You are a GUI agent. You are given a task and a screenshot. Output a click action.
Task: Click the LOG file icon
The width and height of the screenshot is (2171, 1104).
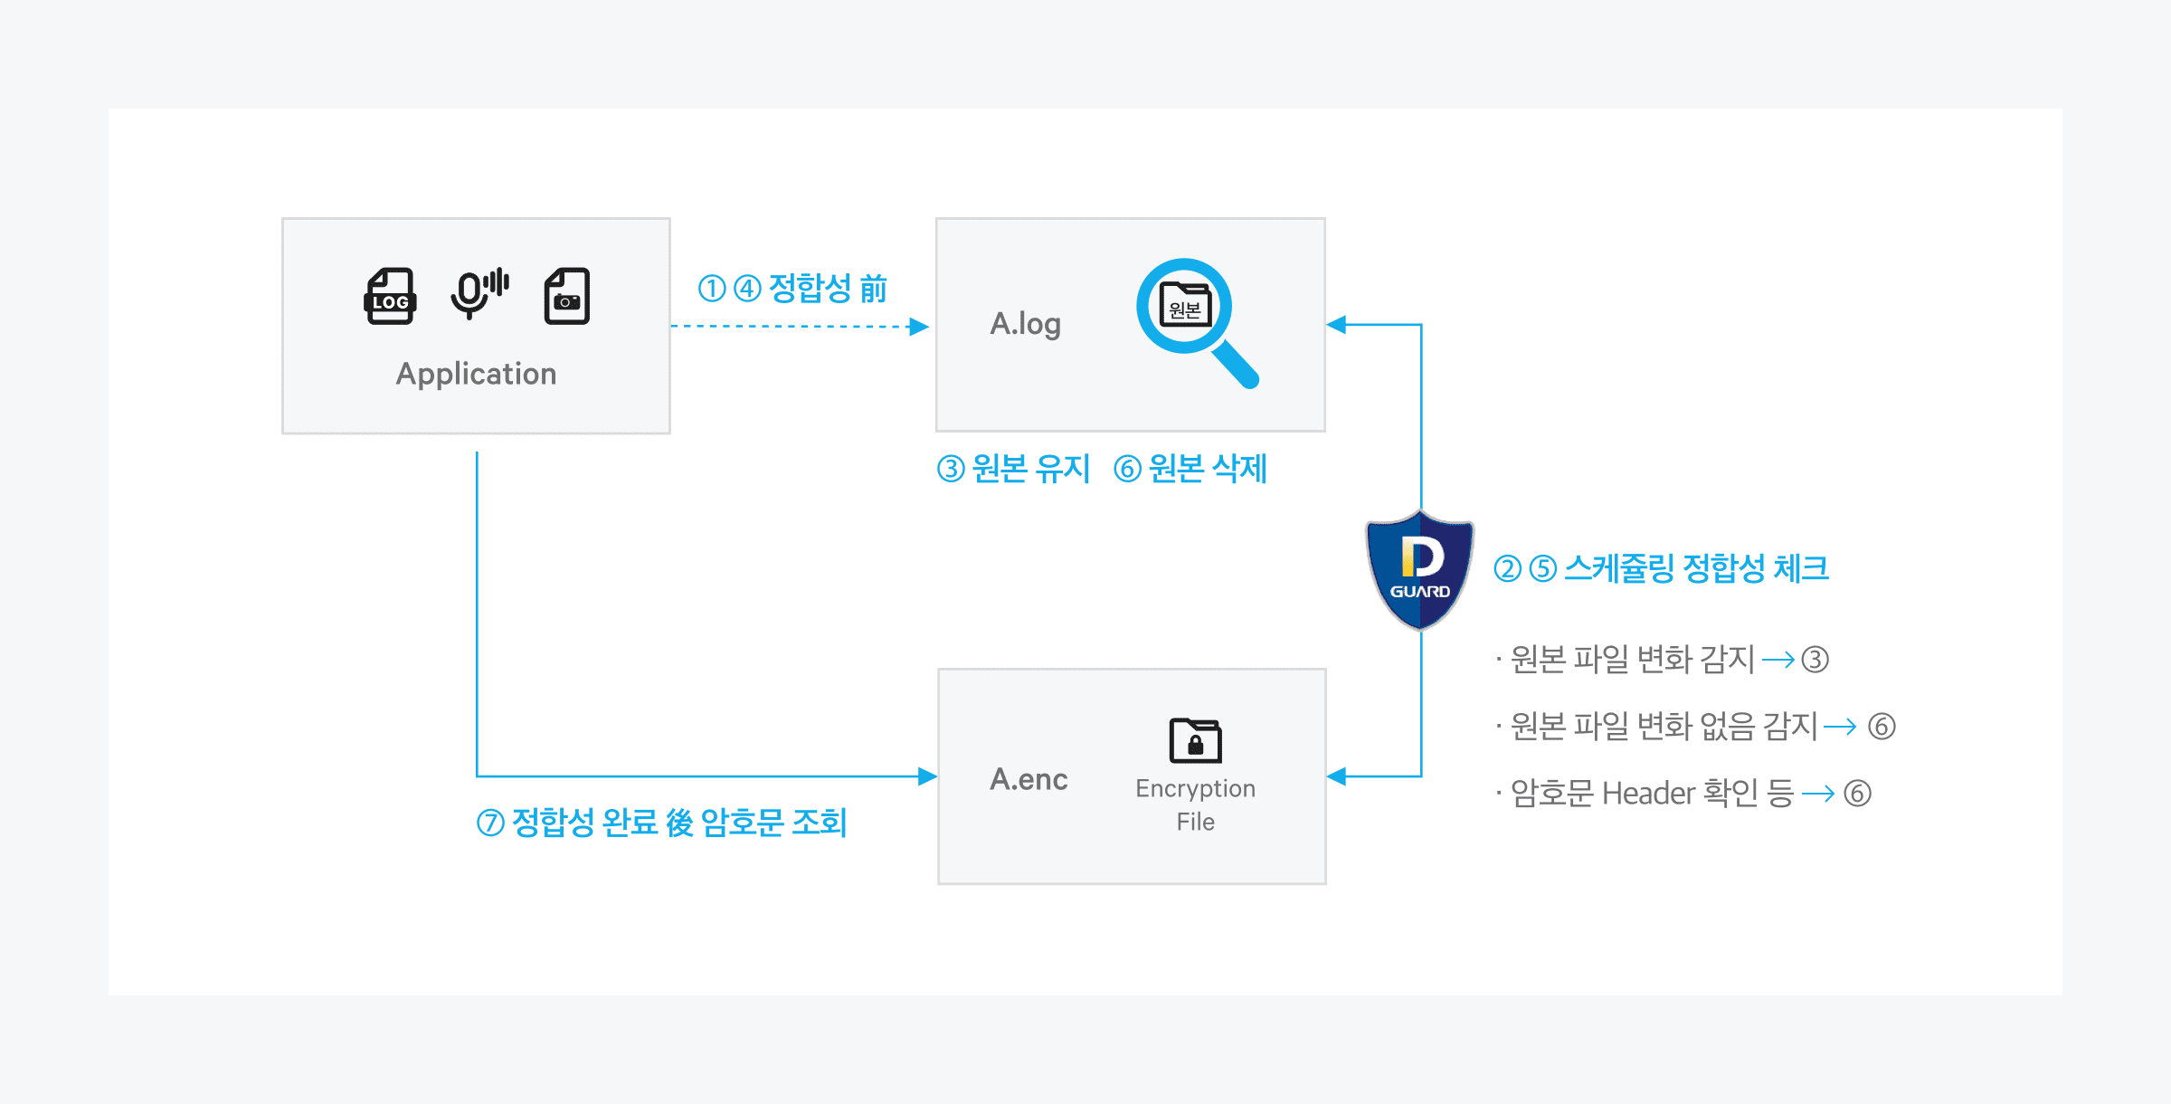point(390,296)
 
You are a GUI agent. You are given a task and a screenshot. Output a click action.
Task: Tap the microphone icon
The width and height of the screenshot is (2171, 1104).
point(478,294)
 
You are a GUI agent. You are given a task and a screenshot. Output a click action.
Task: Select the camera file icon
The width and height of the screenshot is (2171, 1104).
point(567,296)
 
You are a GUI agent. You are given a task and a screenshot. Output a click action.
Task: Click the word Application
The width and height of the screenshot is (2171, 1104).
point(476,374)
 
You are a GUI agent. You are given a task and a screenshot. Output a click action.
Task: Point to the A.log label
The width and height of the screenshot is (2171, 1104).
point(1025,324)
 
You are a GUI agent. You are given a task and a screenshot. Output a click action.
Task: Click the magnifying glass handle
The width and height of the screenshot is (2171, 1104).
point(1236,365)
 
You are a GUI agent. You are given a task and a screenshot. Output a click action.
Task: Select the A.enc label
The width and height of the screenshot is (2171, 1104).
point(1029,779)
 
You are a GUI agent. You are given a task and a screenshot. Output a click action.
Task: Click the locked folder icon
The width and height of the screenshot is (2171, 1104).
point(1195,740)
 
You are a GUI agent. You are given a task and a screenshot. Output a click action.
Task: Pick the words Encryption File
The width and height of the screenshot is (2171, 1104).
point(1195,804)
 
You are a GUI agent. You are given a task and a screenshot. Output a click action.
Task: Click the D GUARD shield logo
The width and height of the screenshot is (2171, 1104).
point(1419,570)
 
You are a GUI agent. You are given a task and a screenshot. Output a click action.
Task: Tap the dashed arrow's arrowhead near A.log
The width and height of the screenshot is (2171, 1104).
point(919,327)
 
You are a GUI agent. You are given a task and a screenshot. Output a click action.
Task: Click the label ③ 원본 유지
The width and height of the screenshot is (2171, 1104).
point(1013,469)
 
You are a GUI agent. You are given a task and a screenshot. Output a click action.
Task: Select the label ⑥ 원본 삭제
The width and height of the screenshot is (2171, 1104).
point(1190,469)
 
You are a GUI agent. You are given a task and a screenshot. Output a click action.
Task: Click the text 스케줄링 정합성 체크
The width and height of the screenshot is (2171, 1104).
point(1696,568)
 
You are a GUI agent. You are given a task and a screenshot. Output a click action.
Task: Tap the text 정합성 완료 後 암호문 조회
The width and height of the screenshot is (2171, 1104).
point(678,823)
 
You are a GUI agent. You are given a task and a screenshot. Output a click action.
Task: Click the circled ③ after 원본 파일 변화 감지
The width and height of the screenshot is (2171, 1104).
point(1815,660)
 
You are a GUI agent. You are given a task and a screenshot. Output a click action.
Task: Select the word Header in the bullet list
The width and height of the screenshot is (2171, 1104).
point(1648,794)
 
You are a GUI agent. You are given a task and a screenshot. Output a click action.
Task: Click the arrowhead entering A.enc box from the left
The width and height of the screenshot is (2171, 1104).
point(927,776)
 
